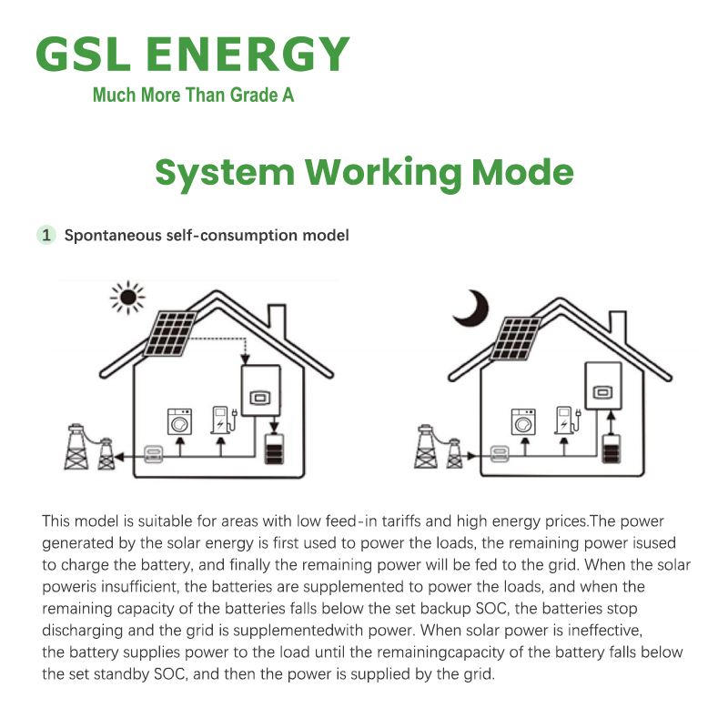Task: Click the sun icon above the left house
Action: click(127, 298)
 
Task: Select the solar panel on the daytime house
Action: click(170, 333)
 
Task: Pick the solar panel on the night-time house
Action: click(516, 339)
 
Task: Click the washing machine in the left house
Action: click(179, 421)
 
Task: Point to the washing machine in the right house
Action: click(523, 421)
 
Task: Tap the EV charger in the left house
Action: click(224, 420)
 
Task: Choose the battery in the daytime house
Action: click(275, 449)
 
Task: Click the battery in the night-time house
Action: click(611, 449)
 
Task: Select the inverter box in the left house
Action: click(261, 390)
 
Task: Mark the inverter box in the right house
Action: click(603, 386)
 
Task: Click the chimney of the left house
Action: click(278, 320)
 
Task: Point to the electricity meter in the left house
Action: click(154, 453)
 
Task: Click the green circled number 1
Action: click(46, 235)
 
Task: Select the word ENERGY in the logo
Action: click(248, 55)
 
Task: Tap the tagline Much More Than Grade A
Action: click(193, 95)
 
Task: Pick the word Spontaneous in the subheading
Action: click(113, 236)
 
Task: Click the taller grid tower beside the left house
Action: click(76, 446)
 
